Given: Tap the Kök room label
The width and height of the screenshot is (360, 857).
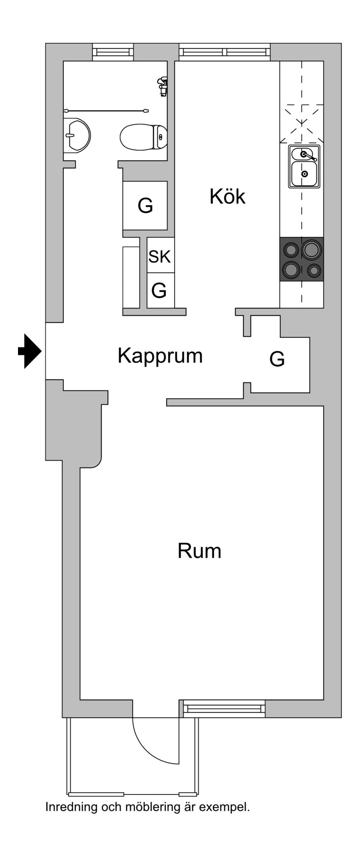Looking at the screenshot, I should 227,197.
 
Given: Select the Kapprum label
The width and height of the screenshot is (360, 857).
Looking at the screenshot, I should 160,355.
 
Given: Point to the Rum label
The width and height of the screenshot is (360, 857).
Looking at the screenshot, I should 199,551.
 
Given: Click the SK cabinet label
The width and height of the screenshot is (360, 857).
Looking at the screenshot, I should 160,256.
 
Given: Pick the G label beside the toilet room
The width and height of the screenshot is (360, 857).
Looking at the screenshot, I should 145,206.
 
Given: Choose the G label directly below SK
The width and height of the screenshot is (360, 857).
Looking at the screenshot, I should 159,290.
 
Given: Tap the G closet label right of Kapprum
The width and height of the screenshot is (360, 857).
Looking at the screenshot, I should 277,359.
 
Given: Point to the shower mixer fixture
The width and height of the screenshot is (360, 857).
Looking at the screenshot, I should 162,85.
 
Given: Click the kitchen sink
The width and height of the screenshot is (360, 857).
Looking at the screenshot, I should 304,166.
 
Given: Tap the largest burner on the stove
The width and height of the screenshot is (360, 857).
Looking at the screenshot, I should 311,250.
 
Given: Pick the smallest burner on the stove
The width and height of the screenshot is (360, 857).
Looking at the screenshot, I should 314,270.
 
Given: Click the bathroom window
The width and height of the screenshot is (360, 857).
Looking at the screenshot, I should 113,52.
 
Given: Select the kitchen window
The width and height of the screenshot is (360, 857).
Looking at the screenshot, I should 225,52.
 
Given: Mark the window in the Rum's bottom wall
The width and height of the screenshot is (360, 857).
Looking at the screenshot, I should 225,709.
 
